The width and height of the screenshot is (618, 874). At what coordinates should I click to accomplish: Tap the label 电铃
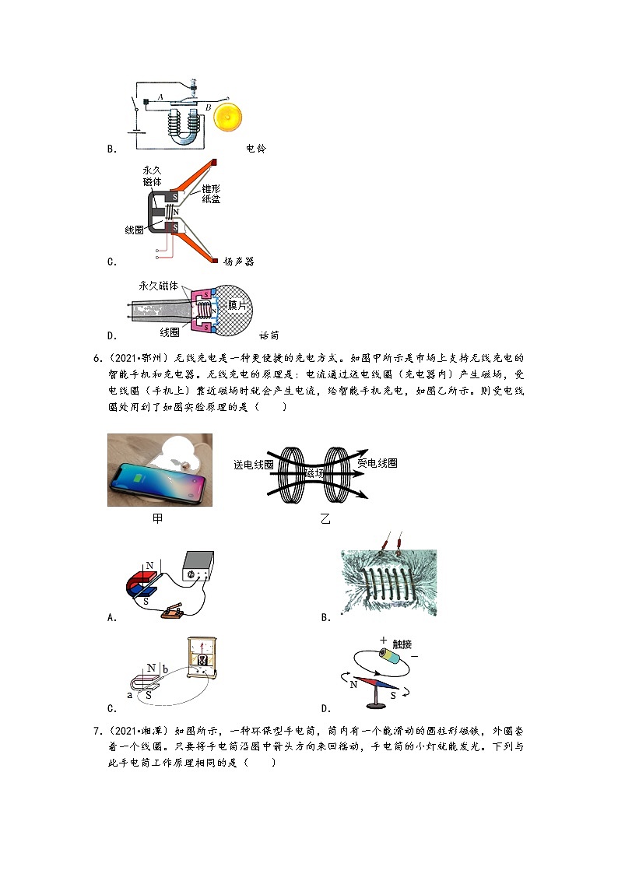coord(255,149)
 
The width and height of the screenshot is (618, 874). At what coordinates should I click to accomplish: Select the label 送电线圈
coord(252,464)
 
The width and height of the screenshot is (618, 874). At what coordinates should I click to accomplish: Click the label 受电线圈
coord(377,463)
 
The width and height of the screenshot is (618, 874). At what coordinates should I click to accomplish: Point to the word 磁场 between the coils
coord(315,473)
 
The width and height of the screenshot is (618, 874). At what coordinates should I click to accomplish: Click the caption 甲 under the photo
coord(157,518)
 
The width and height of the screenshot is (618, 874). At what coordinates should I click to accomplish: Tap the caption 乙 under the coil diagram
coord(325,518)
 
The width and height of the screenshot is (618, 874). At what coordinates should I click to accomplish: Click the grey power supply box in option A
coord(197,567)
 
